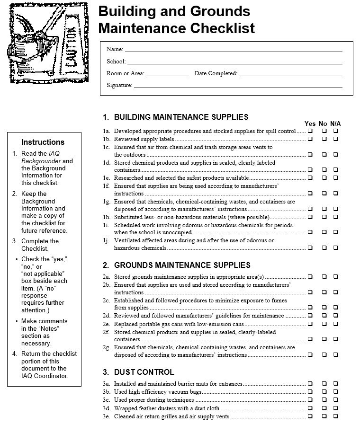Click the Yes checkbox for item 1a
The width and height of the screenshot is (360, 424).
(310, 131)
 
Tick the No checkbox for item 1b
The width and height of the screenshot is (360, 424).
(324, 139)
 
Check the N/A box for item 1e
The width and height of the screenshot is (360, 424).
(335, 178)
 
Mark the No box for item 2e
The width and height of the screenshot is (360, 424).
(324, 324)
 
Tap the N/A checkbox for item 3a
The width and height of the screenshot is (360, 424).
(335, 384)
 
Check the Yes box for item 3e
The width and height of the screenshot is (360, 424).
(310, 416)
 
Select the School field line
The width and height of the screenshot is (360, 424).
(234, 62)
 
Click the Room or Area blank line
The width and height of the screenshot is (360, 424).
(167, 74)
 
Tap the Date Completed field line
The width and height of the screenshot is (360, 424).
(290, 74)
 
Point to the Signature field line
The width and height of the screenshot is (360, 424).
(237, 87)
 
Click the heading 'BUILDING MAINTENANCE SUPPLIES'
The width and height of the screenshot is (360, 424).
(181, 117)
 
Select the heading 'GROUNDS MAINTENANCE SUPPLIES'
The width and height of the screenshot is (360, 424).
(182, 265)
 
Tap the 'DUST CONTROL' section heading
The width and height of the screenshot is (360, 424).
(144, 372)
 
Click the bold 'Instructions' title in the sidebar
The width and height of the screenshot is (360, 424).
(43, 142)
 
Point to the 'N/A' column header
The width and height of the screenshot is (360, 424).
(335, 124)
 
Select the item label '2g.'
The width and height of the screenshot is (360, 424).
(107, 347)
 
